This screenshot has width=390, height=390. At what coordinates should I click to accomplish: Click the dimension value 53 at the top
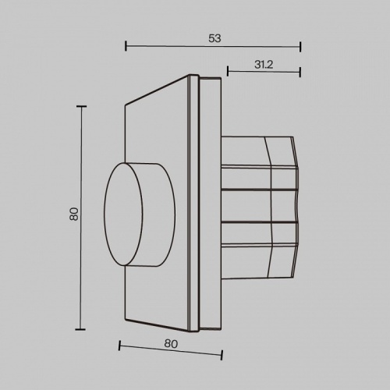coord(214,38)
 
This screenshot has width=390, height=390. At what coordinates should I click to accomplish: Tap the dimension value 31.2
coord(264,65)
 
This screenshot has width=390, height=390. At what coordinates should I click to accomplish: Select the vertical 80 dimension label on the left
coord(74,214)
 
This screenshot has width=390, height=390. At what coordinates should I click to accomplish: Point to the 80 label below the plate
coord(171,344)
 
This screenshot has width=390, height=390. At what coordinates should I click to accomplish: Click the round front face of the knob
coord(123,214)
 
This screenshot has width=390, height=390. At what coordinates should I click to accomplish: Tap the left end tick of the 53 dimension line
coord(126,46)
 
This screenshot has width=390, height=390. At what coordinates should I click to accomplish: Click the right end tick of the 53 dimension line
coord(300,47)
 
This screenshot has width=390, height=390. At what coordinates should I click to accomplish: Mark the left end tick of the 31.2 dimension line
coord(228,71)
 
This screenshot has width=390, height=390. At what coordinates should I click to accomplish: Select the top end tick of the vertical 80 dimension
coord(82,106)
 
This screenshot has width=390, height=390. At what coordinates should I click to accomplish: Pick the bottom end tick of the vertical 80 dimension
coord(80,329)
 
